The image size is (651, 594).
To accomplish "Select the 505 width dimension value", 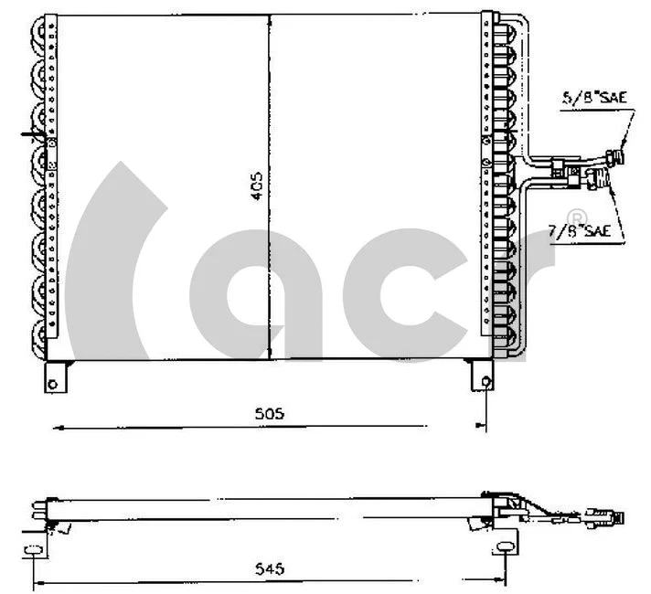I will (269, 414).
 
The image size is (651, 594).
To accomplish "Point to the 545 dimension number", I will (269, 568).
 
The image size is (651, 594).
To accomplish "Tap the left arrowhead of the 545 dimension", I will (37, 581).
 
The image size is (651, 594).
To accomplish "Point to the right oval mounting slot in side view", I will (502, 548).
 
